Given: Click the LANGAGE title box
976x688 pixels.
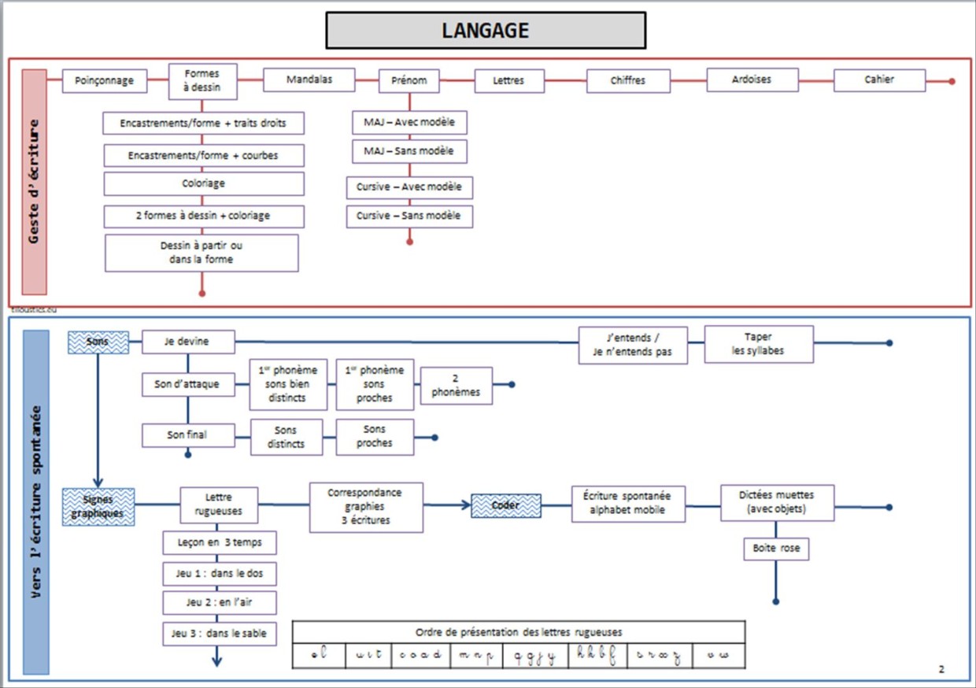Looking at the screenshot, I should pos(486,31).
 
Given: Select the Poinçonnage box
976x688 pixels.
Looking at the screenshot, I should pos(104,80).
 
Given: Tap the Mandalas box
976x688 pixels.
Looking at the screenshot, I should pos(309,80).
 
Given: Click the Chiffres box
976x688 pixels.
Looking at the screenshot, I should pos(628,80).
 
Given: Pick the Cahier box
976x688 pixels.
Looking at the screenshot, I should pos(879,80).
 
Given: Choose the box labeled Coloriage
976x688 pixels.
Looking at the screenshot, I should pos(204,183).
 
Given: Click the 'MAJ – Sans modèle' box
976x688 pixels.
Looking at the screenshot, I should pos(409,151).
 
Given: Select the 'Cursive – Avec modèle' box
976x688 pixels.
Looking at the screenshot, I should pos(409,187).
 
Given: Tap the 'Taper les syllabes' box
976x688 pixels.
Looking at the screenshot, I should pos(759,344).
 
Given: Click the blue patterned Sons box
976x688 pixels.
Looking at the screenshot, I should pos(98,342).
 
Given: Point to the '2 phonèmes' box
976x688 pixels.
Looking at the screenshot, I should pos(457,386).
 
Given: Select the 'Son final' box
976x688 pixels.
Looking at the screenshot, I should pos(187,435).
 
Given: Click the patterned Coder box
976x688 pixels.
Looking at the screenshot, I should pos(505,505).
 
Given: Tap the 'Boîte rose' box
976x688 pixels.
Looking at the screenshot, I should pos(776,549).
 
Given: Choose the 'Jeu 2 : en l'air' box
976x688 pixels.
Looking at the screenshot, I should pos(220,603).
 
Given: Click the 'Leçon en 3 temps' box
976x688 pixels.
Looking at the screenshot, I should pos(220,543).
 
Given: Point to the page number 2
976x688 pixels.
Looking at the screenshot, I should pos(941,669).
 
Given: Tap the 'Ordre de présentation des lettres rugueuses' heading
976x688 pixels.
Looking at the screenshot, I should pos(519,632).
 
